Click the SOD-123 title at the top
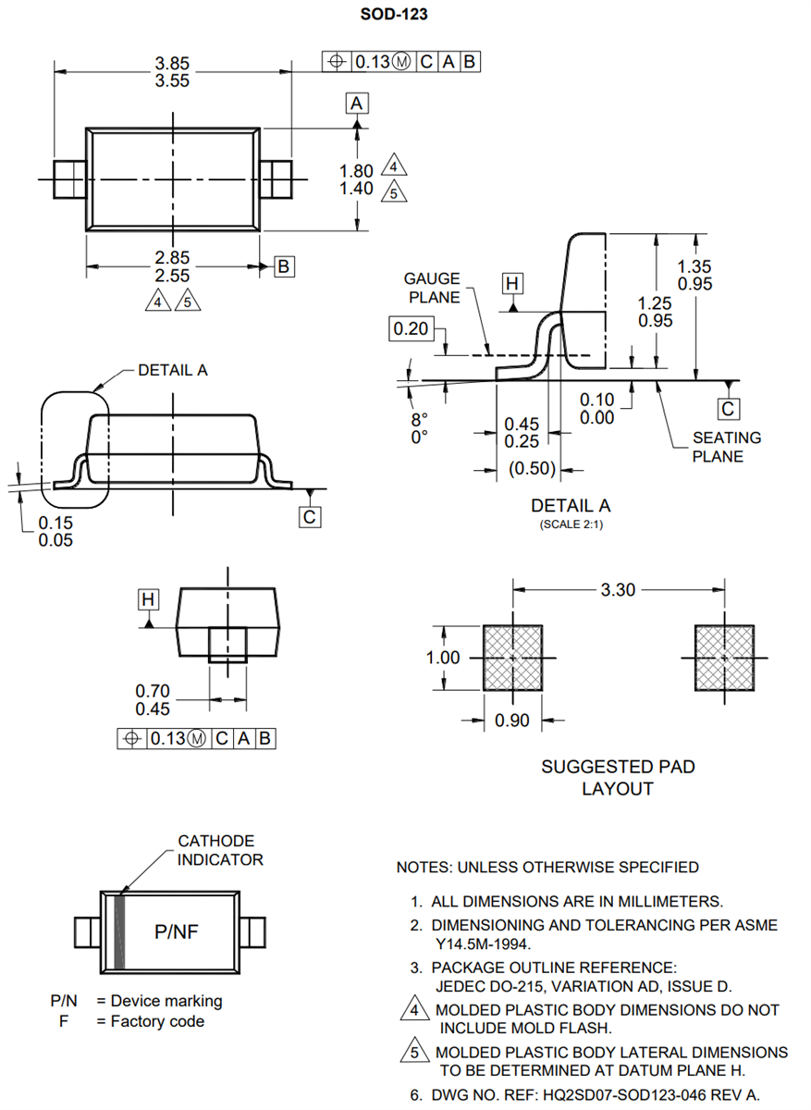(393, 14)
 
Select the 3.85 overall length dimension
(172, 63)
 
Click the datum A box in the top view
(358, 103)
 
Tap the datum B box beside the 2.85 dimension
(284, 267)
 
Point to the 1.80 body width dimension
(357, 171)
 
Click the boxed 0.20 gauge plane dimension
(410, 328)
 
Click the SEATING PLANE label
(727, 447)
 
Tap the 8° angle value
(420, 418)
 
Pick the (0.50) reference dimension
(534, 469)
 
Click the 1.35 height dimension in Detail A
(694, 266)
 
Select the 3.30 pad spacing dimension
(618, 589)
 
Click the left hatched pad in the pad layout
(513, 658)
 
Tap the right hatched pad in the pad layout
(725, 658)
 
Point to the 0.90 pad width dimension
(512, 721)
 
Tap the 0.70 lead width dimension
(153, 691)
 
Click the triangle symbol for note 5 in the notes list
(415, 1052)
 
